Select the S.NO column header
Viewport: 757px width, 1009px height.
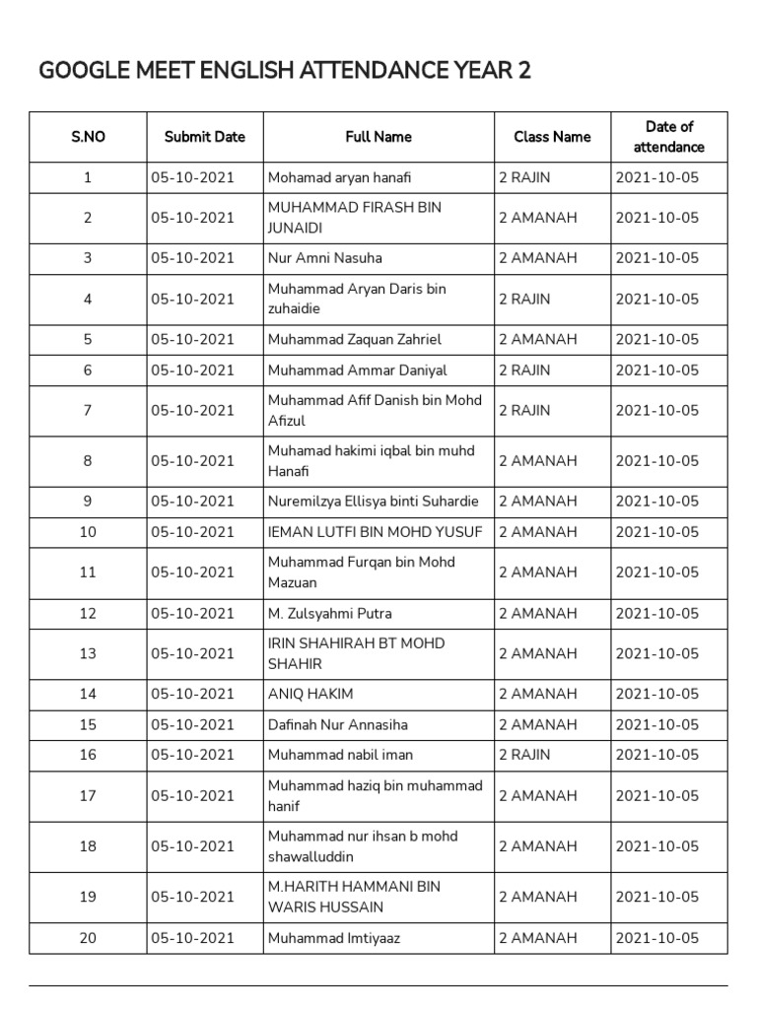pyautogui.click(x=88, y=137)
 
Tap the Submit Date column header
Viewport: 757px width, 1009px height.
pyautogui.click(x=205, y=137)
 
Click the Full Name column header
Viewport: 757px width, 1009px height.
pyautogui.click(x=378, y=137)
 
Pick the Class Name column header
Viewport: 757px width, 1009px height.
pyautogui.click(x=552, y=137)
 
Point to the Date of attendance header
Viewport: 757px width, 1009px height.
pyautogui.click(x=669, y=137)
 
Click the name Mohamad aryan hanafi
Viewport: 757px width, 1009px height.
pyautogui.click(x=339, y=177)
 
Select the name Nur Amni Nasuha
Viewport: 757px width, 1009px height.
pyautogui.click(x=324, y=258)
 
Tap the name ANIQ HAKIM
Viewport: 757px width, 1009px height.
pyautogui.click(x=310, y=694)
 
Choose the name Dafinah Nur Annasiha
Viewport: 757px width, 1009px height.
pyautogui.click(x=337, y=724)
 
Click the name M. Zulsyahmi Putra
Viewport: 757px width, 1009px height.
pyautogui.click(x=329, y=613)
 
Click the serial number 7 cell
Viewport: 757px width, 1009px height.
pyautogui.click(x=88, y=411)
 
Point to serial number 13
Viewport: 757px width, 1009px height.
pyautogui.click(x=88, y=653)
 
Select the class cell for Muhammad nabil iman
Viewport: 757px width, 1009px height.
pyautogui.click(x=524, y=755)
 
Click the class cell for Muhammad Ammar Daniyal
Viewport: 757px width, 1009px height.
pyautogui.click(x=524, y=370)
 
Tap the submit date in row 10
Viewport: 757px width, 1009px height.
pyautogui.click(x=193, y=532)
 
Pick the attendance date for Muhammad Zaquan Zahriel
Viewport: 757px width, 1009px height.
pyautogui.click(x=656, y=339)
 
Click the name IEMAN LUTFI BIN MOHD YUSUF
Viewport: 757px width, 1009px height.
pyautogui.click(x=376, y=532)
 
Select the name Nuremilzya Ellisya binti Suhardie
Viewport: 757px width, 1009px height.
pyautogui.click(x=373, y=502)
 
